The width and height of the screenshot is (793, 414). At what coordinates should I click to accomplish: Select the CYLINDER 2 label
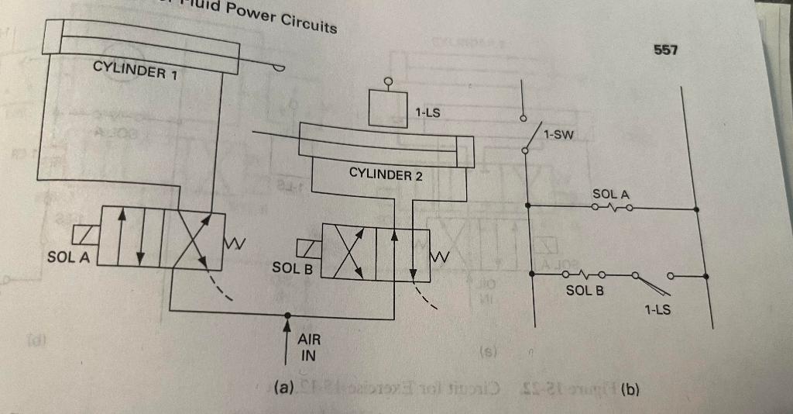[386, 174]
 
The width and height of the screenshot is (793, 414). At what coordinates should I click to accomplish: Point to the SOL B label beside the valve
[292, 268]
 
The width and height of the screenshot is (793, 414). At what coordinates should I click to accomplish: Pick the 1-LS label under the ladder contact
[657, 311]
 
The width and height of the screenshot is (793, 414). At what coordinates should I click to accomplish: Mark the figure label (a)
[284, 385]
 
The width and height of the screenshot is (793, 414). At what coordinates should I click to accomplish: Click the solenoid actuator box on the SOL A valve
[84, 234]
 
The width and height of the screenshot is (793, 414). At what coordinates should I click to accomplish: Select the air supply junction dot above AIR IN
[287, 315]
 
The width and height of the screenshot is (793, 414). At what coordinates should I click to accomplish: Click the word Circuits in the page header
[308, 22]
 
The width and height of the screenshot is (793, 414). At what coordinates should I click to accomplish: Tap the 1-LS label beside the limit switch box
[428, 112]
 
